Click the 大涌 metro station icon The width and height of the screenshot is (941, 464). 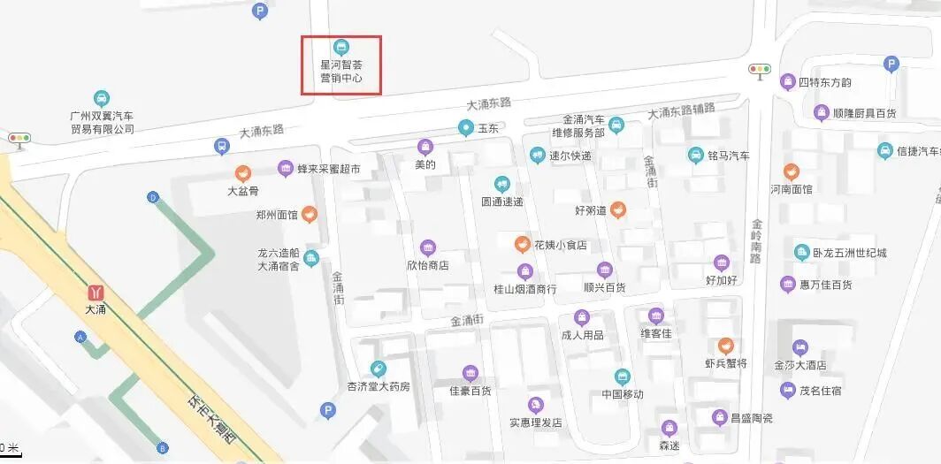tap(95, 292)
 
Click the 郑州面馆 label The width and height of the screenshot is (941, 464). tap(276, 215)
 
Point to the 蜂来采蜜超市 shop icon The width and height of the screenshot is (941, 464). tap(285, 168)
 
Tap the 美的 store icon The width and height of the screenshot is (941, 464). tap(425, 147)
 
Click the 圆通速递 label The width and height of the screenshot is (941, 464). tap(501, 202)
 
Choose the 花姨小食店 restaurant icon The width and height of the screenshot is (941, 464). tap(523, 243)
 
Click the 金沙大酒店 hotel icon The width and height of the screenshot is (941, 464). tap(800, 346)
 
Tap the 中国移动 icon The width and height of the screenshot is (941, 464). tap(622, 377)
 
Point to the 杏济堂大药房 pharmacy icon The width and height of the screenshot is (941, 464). tap(378, 369)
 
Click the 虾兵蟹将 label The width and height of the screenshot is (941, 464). tap(725, 363)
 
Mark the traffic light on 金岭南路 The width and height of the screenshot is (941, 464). tap(759, 69)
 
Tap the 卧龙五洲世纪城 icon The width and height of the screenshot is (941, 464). tap(801, 253)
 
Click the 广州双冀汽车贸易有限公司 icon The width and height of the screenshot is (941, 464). tap(102, 97)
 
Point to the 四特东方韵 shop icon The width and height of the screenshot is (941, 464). tap(787, 82)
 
